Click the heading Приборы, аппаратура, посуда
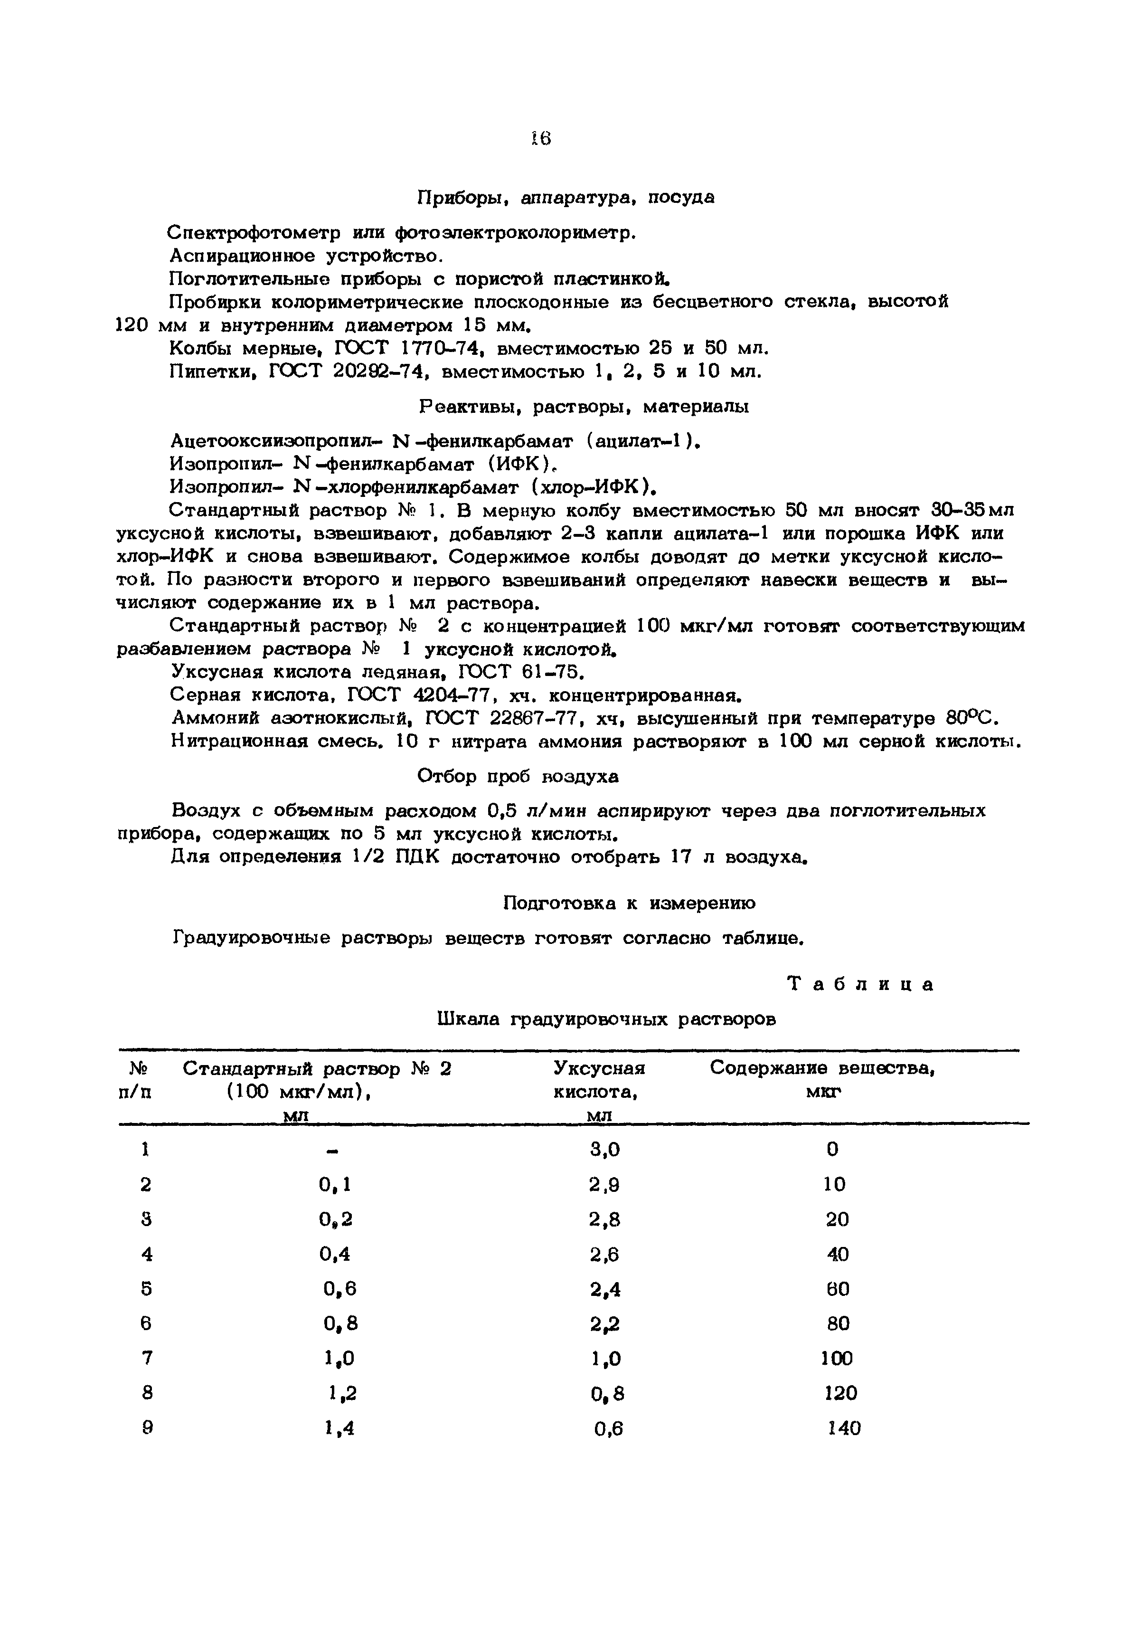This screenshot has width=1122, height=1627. pyautogui.click(x=566, y=198)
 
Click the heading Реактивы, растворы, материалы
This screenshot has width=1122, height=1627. pyautogui.click(x=584, y=407)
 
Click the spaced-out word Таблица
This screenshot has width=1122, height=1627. pyautogui.click(x=860, y=984)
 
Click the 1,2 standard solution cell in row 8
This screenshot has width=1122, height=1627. pyautogui.click(x=342, y=1394)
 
